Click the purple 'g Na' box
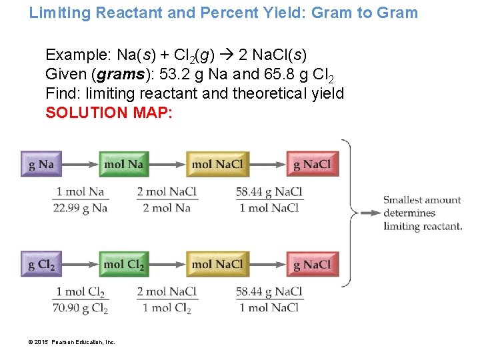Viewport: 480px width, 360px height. pos(41,164)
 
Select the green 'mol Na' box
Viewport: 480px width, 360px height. pos(123,164)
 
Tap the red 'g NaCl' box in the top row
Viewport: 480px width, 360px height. pos(312,164)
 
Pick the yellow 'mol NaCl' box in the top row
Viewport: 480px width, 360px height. pos(217,164)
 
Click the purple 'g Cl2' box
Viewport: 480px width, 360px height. pos(41,264)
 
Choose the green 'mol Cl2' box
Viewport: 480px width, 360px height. pos(123,264)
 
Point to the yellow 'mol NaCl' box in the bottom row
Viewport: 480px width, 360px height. pos(217,264)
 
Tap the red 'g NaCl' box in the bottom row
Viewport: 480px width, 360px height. pos(312,264)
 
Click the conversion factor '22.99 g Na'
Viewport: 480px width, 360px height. pos(79,208)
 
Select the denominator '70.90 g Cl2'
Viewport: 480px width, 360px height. pos(79,308)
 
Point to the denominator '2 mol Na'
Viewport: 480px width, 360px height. pos(167,208)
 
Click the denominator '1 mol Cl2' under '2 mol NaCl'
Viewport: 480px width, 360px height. pos(167,308)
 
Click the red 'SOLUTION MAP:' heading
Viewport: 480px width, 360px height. pos(109,113)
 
